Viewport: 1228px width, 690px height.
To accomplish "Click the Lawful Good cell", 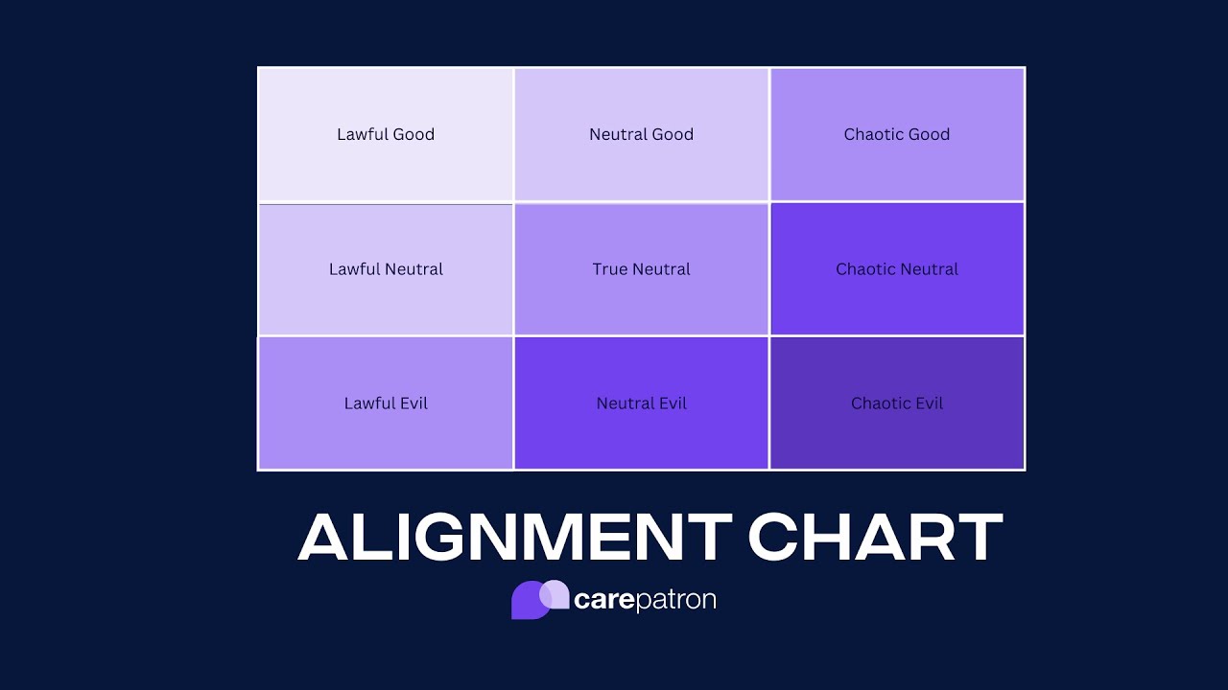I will (x=386, y=134).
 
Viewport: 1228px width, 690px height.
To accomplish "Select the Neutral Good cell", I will (x=641, y=134).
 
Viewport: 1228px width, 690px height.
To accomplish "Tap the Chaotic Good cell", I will (x=897, y=134).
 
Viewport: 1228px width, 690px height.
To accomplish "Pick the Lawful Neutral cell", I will (x=386, y=269).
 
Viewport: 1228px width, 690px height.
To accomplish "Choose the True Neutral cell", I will (x=641, y=269).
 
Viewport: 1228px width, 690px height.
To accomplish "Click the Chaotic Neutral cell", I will (x=897, y=269).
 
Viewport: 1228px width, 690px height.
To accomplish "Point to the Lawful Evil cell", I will (x=386, y=403).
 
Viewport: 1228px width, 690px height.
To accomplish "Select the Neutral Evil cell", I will (x=641, y=403).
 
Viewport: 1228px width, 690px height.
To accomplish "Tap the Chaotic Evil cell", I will (x=897, y=403).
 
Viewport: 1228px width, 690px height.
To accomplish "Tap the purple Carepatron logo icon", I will (x=540, y=600).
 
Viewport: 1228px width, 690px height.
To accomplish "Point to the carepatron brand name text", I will (x=645, y=601).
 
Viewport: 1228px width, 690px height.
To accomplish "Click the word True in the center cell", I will (x=609, y=269).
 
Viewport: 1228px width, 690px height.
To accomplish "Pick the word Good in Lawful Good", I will (x=413, y=134).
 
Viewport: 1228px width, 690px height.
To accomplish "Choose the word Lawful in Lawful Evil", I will (x=368, y=403).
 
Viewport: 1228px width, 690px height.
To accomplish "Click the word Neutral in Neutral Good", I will (x=618, y=134).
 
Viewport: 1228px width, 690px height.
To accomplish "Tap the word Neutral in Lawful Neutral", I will (x=414, y=269).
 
